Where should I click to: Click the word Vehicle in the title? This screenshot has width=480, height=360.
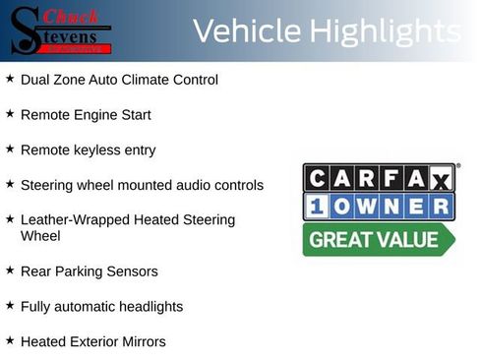pos(246,31)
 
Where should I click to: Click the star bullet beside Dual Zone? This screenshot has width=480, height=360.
pos(10,78)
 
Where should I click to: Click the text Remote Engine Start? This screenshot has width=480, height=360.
pos(86,115)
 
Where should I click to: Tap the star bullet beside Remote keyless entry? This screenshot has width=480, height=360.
pos(10,149)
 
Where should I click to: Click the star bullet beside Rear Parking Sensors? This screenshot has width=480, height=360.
pos(10,269)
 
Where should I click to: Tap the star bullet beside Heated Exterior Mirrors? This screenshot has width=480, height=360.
pos(10,339)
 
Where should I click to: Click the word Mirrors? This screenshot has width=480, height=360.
pos(140,341)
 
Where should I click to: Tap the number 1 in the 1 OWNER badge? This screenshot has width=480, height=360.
pos(316,207)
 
